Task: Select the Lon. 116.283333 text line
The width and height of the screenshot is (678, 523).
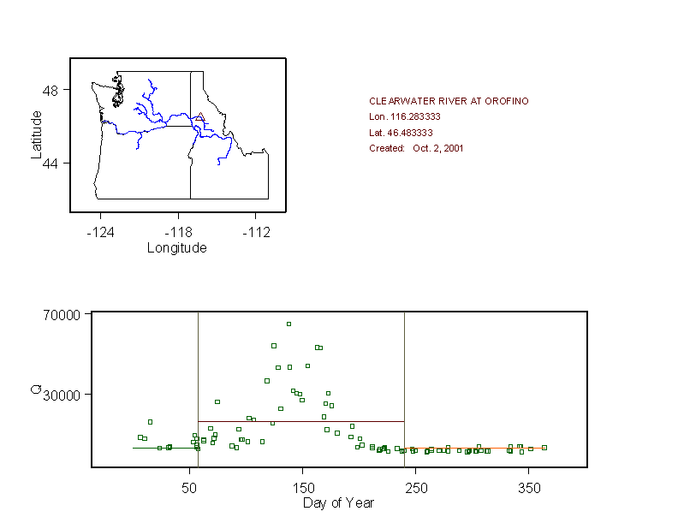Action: [x=405, y=116]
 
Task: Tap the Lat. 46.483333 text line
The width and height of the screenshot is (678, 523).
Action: [x=401, y=133]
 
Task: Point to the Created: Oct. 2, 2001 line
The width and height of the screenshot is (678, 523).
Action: [x=416, y=148]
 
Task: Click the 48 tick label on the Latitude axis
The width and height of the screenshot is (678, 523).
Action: [x=51, y=90]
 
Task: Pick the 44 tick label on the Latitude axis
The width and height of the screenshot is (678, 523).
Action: [x=51, y=163]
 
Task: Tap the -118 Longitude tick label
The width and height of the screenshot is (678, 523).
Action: [x=178, y=232]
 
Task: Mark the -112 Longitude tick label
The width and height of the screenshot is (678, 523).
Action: [x=256, y=232]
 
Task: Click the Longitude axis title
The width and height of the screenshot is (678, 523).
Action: [x=177, y=248]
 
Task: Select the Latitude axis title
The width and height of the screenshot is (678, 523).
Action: [x=36, y=134]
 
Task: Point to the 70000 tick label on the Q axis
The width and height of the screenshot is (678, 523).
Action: [x=62, y=314]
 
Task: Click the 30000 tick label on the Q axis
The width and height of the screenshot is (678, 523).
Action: [x=62, y=395]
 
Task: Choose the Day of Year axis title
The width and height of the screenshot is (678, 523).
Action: [x=338, y=502]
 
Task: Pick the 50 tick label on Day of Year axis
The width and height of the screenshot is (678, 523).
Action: [x=189, y=487]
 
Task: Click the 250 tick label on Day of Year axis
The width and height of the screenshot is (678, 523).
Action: [x=415, y=487]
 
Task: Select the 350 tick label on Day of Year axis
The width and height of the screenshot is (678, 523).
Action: [x=528, y=487]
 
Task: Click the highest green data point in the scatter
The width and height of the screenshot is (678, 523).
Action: [x=289, y=324]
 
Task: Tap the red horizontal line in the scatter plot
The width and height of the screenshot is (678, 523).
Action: [x=300, y=421]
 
